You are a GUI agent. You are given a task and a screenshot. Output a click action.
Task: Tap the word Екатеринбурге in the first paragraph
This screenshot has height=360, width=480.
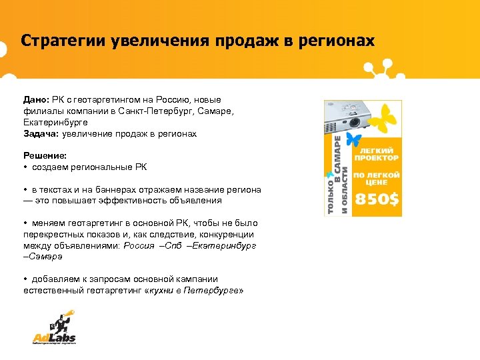tap(55, 123)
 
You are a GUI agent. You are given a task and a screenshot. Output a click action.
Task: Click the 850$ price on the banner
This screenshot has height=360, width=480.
tap(376, 198)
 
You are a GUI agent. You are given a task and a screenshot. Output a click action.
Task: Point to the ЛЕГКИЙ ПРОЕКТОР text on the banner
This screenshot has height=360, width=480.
tap(376, 155)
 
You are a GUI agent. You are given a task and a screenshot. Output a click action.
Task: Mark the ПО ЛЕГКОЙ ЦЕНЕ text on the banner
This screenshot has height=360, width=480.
tap(376, 177)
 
